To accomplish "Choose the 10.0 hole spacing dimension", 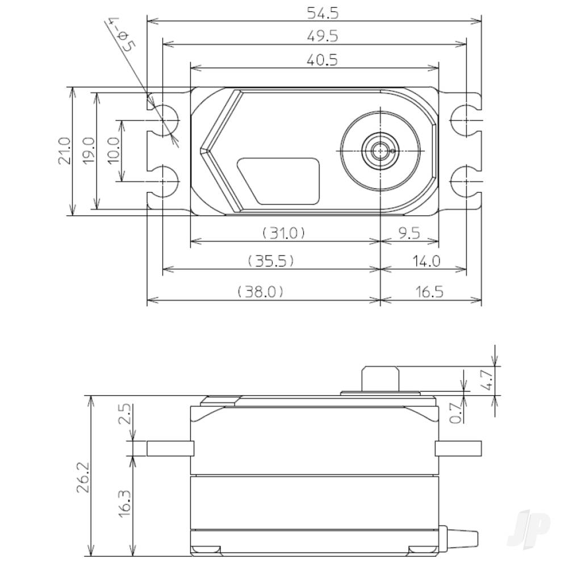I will [114, 151].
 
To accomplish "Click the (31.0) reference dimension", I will [283, 232].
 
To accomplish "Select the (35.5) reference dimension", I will [270, 261].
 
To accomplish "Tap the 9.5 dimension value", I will [408, 232].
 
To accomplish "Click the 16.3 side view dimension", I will [126, 500].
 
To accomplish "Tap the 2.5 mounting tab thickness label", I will [126, 415].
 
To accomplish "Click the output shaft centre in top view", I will [379, 151].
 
